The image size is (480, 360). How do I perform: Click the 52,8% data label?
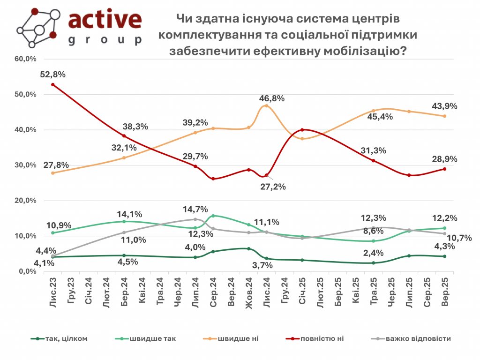[52, 74]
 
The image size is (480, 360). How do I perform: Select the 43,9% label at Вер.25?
[444, 106]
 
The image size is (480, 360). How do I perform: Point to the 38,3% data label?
[135, 126]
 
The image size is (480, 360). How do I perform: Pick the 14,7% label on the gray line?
[195, 209]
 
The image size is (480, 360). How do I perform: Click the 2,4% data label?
[374, 253]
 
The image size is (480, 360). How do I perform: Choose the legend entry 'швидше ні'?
[242, 338]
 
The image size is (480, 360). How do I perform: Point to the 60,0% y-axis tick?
[26, 59]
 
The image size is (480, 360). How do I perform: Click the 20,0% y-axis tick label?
[26, 201]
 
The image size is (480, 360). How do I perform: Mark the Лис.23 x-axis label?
[52, 292]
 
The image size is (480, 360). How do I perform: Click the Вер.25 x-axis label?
[444, 292]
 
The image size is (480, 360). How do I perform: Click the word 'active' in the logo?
[105, 19]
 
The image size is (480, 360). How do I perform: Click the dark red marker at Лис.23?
[53, 85]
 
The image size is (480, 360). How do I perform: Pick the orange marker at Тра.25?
[374, 111]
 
